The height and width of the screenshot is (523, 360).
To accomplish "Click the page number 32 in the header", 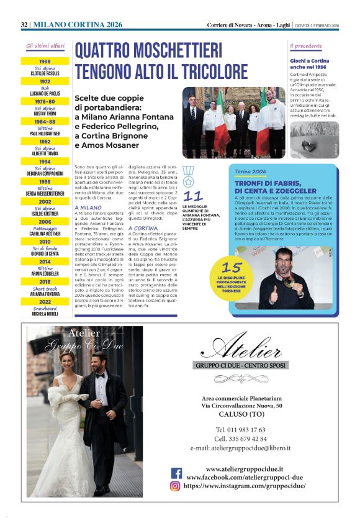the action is pyautogui.click(x=24, y=24).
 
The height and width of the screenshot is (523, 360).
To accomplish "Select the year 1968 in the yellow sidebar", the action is pyautogui.click(x=45, y=62).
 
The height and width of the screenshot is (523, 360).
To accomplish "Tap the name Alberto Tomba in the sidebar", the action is pyautogui.click(x=45, y=153).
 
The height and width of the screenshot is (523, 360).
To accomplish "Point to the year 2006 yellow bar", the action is pyautogui.click(x=45, y=222).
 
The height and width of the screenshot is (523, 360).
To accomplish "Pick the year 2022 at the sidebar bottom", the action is pyautogui.click(x=45, y=302).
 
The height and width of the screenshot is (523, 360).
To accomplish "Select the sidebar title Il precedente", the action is pyautogui.click(x=306, y=46).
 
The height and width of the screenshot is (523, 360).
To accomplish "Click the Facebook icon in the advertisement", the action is pyautogui.click(x=176, y=473).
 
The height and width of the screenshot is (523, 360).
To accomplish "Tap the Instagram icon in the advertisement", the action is pyautogui.click(x=176, y=486).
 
